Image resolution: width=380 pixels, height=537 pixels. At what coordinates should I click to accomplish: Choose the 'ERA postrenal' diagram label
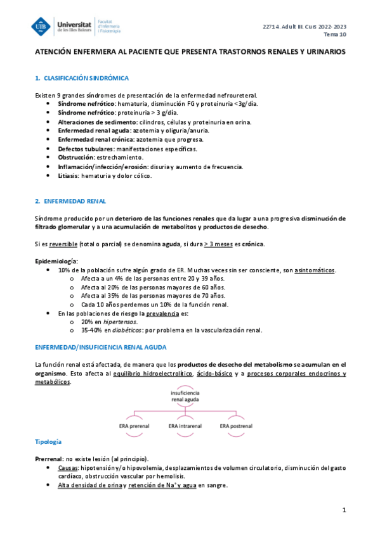tap(233, 426)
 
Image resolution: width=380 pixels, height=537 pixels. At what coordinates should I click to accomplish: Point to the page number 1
tap(343, 510)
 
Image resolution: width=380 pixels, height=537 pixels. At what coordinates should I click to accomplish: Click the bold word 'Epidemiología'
tap(56, 262)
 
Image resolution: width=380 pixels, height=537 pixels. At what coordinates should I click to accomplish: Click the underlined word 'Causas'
tap(69, 467)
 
